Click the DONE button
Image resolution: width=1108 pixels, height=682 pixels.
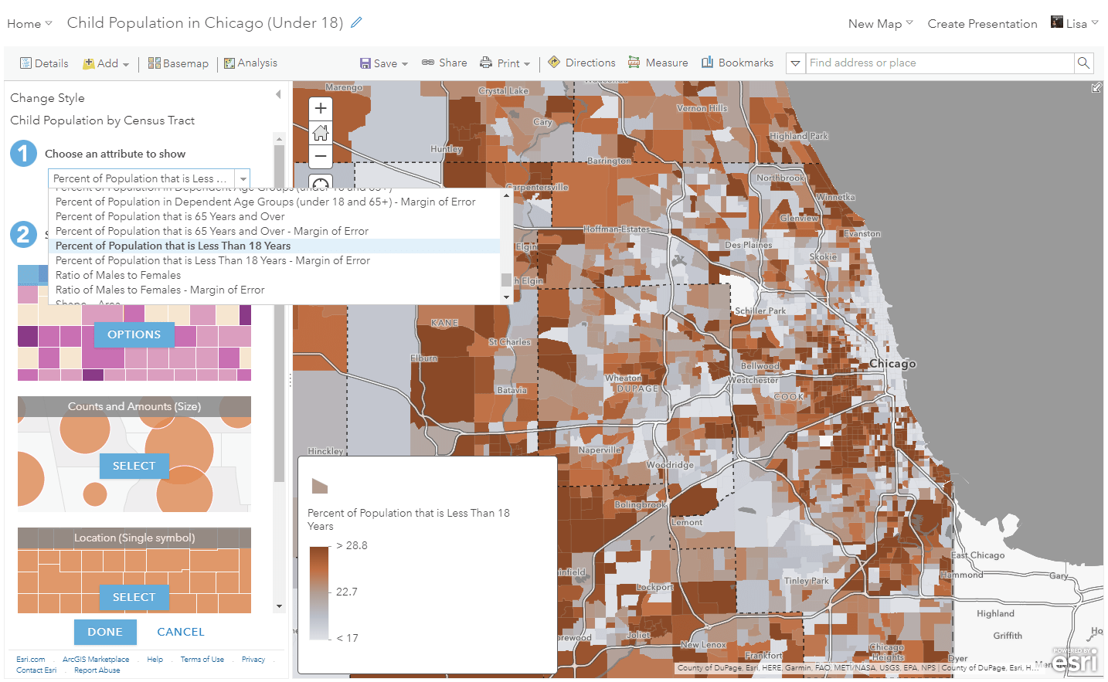coord(105,632)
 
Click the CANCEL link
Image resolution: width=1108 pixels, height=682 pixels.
coord(181,632)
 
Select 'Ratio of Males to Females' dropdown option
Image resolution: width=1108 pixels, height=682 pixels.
coord(118,275)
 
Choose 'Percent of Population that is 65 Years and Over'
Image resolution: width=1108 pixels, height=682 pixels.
coord(170,216)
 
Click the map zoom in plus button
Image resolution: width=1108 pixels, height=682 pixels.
coord(321,109)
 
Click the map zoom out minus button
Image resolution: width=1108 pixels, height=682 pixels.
coord(321,156)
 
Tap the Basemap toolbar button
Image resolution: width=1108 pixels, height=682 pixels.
coord(178,63)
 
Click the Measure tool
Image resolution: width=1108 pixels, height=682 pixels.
coord(658,63)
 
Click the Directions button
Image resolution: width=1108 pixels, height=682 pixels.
coord(582,63)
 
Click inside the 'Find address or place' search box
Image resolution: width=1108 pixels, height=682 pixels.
coord(939,63)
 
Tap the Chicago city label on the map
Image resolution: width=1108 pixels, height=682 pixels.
coord(892,364)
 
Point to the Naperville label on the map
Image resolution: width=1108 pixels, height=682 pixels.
coord(600,450)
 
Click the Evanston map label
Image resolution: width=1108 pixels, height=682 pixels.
coord(862,233)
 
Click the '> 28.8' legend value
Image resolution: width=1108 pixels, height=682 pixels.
coord(352,545)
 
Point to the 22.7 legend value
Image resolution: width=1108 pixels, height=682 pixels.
coord(347,592)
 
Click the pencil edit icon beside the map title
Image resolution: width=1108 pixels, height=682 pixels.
coord(356,22)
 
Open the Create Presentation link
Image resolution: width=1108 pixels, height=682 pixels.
coord(982,24)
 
